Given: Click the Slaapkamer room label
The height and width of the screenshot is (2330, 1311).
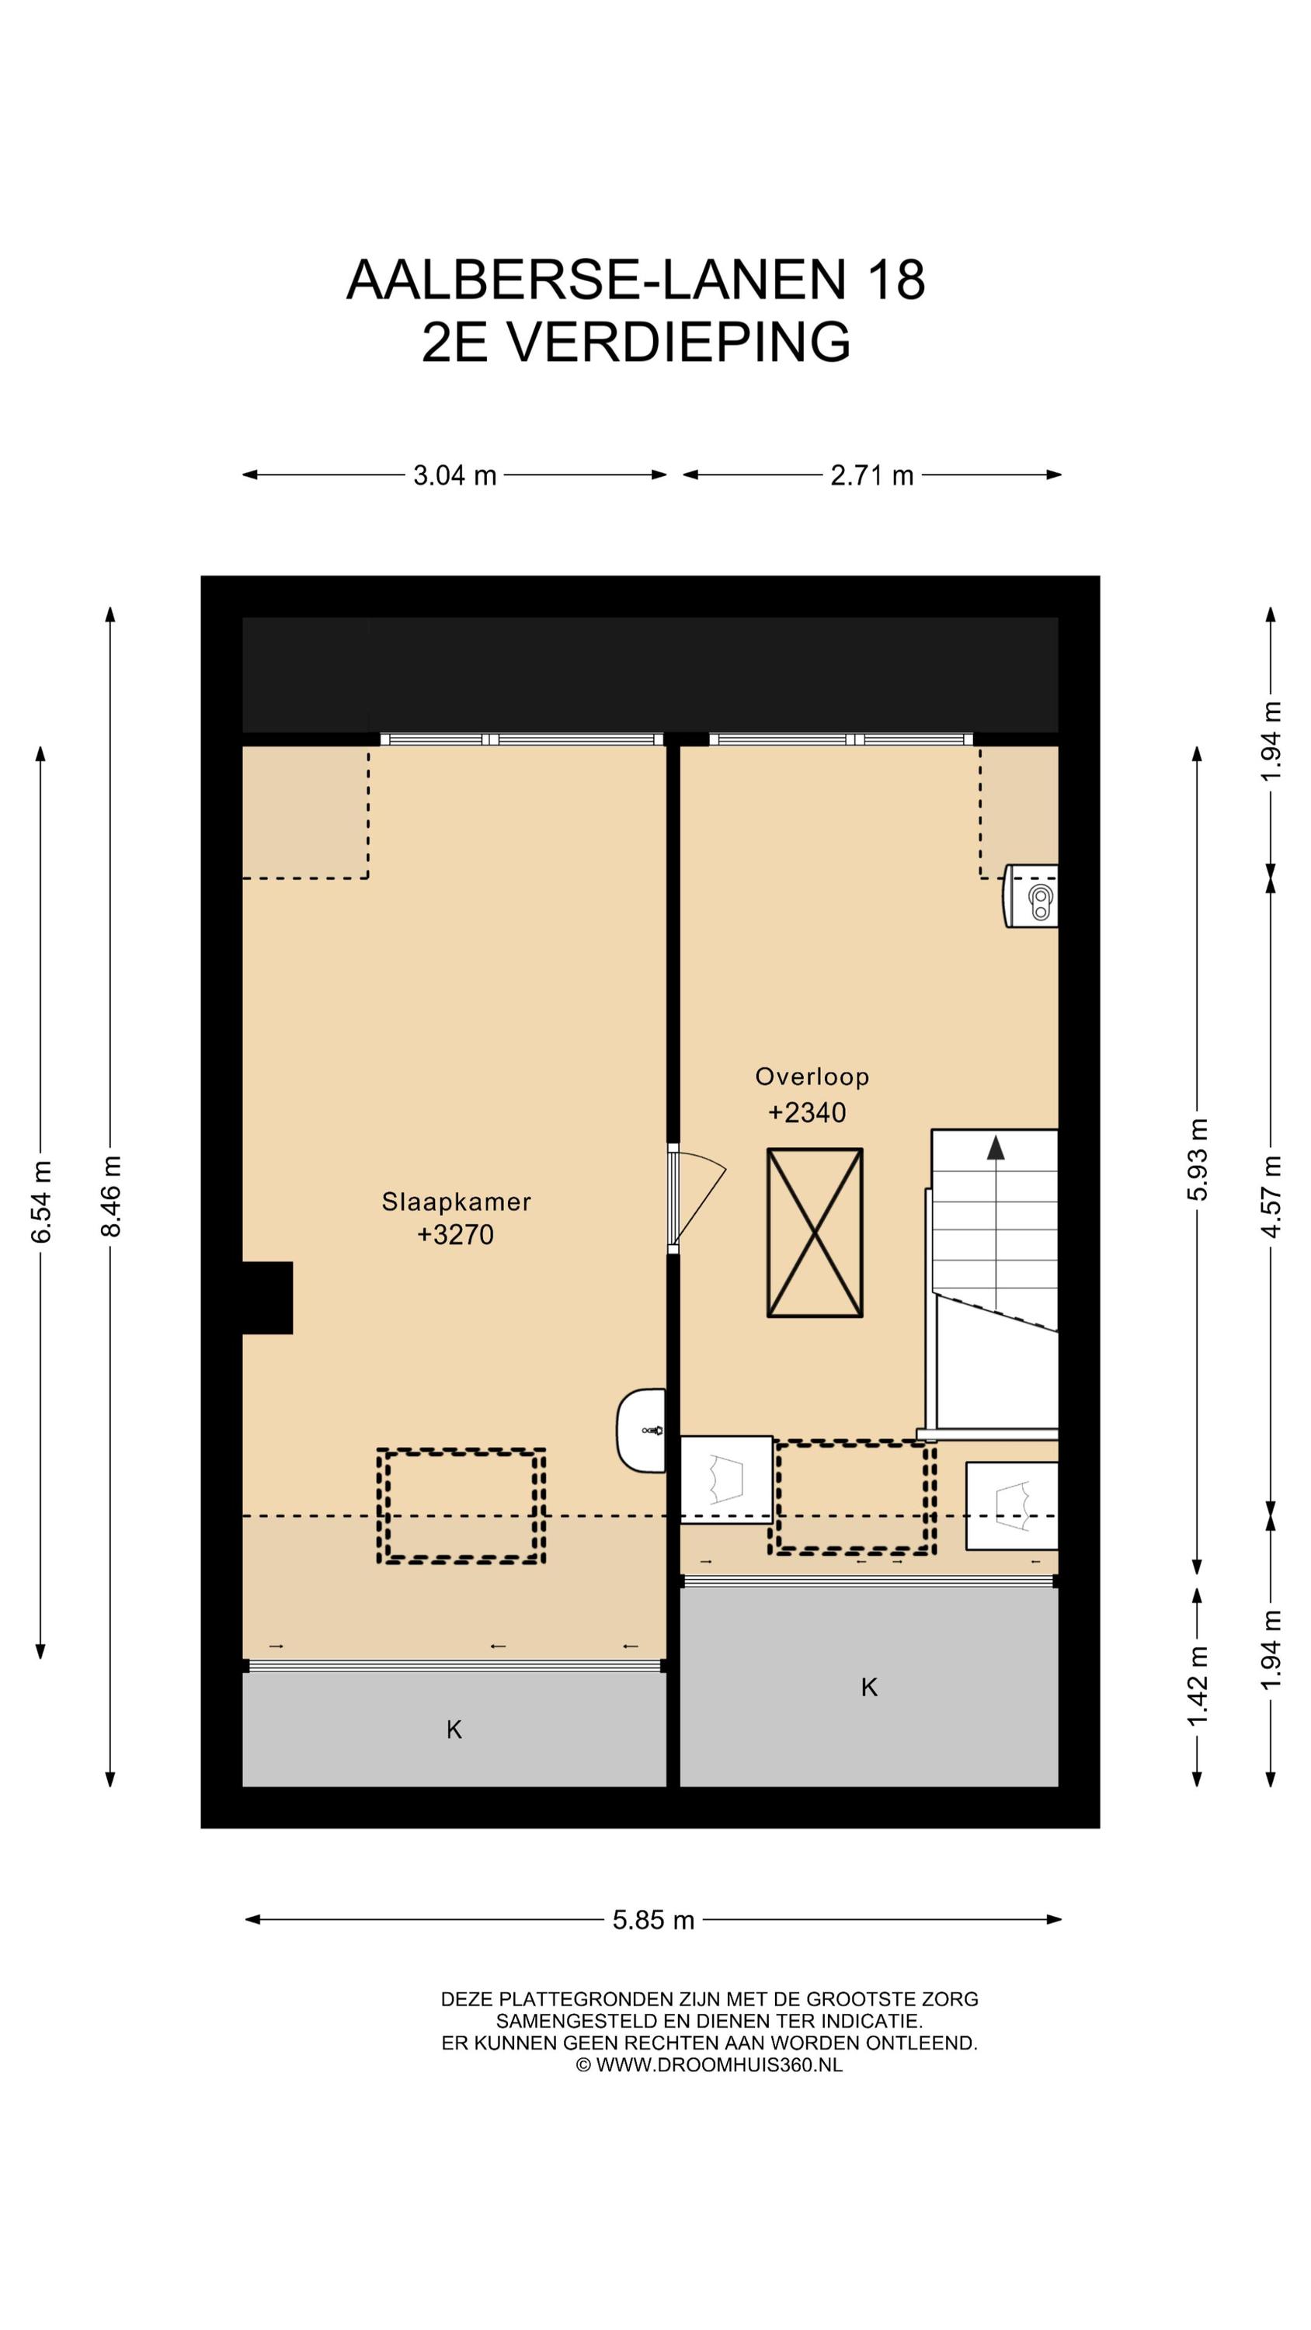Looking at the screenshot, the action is pyautogui.click(x=455, y=1202).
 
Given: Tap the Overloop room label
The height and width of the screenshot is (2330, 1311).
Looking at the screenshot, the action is pyautogui.click(x=812, y=1076).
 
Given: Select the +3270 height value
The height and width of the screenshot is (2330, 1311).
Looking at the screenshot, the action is pyautogui.click(x=455, y=1235).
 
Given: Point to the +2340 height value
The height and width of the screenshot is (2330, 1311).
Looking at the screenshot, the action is pyautogui.click(x=806, y=1111).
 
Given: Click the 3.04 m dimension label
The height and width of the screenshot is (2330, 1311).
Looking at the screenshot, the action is pyautogui.click(x=455, y=475).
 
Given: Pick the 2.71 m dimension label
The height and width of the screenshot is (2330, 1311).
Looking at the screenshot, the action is pyautogui.click(x=871, y=475).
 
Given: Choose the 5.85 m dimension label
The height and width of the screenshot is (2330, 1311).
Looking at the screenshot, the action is pyautogui.click(x=653, y=1919).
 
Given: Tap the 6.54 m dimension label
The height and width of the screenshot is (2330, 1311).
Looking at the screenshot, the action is pyautogui.click(x=40, y=1200).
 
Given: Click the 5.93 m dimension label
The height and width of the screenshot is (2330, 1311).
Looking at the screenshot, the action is pyautogui.click(x=1197, y=1159).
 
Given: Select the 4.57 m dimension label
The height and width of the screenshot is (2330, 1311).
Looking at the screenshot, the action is pyautogui.click(x=1271, y=1196).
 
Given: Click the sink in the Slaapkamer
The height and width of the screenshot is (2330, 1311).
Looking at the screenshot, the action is pyautogui.click(x=642, y=1431).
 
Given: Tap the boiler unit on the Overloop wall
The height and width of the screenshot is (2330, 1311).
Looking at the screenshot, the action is pyautogui.click(x=1031, y=895).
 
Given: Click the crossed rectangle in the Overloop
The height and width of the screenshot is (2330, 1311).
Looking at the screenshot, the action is pyautogui.click(x=814, y=1232).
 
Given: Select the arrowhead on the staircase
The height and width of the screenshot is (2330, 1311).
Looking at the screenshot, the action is pyautogui.click(x=995, y=1148).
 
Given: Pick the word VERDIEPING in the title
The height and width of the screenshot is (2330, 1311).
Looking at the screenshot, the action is pyautogui.click(x=676, y=342).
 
